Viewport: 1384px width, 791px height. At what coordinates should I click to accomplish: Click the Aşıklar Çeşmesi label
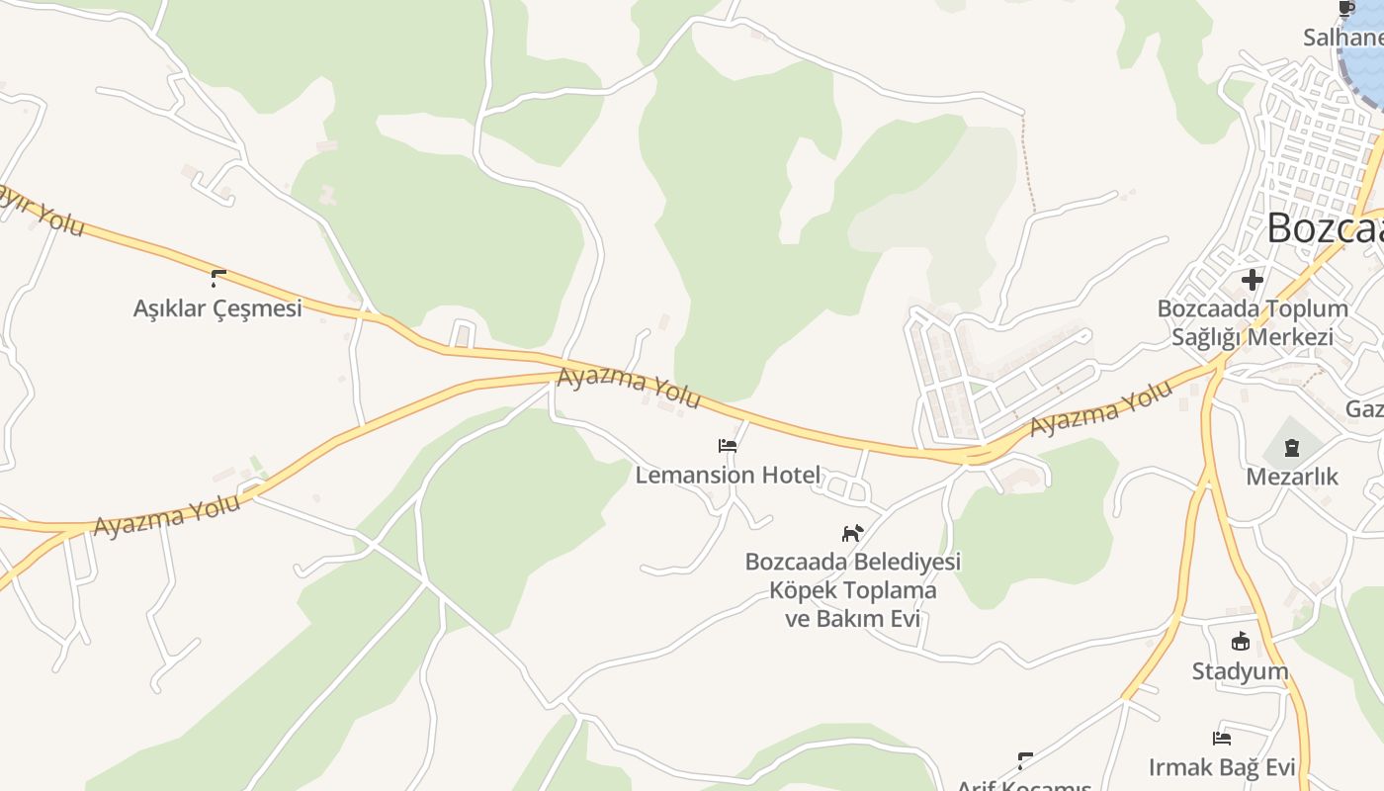[x=217, y=308]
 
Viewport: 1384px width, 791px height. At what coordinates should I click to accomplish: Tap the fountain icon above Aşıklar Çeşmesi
[x=218, y=279]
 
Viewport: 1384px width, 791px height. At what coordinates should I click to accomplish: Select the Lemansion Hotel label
[x=728, y=476]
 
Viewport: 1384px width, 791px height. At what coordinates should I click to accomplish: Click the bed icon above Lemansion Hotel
[x=728, y=446]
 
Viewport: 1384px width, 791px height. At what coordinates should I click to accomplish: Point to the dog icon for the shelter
[x=852, y=533]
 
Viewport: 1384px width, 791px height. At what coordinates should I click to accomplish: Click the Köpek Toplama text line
[x=852, y=591]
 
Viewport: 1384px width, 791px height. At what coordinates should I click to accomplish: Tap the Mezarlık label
[x=1291, y=477]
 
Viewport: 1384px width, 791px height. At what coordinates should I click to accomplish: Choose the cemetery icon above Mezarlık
[x=1291, y=449]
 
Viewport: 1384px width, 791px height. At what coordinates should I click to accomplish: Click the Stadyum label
[x=1240, y=672]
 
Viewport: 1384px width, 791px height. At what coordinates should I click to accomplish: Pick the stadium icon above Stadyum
[x=1240, y=643]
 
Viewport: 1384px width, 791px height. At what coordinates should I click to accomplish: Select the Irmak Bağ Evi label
[x=1222, y=767]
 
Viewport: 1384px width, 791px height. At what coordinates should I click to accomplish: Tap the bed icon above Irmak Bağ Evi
[x=1222, y=738]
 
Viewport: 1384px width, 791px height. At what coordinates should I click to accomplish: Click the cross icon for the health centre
[x=1253, y=280]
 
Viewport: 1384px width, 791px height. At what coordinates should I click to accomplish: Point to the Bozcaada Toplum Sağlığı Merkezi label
[x=1253, y=322]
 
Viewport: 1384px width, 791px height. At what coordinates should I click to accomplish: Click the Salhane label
[x=1343, y=38]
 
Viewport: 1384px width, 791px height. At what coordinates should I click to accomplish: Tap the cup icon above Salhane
[x=1345, y=9]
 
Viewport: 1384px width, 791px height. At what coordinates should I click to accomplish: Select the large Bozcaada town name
[x=1325, y=228]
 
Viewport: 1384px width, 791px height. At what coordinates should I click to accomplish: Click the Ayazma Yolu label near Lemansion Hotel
[x=629, y=388]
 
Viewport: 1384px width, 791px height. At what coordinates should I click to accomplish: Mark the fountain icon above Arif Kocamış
[x=1025, y=760]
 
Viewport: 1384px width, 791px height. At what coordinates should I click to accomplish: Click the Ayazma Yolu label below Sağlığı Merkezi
[x=1100, y=409]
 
